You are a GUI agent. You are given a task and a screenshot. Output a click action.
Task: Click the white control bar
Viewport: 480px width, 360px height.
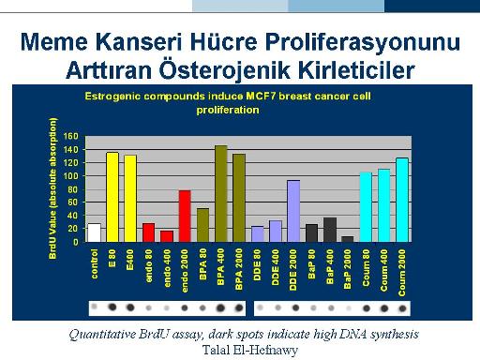(x=95, y=232)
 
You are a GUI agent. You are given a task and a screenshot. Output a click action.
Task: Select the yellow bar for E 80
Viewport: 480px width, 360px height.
(x=112, y=197)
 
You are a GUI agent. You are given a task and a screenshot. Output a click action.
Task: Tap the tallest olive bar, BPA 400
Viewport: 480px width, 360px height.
(x=221, y=193)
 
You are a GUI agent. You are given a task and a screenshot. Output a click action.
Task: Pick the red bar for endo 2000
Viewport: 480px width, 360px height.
(x=185, y=216)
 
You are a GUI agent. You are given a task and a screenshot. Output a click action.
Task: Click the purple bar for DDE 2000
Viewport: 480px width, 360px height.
(x=293, y=211)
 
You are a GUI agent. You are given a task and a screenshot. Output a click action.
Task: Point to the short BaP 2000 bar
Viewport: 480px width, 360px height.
(x=348, y=239)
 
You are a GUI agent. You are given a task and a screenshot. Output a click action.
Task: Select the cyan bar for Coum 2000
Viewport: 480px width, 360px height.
(x=402, y=200)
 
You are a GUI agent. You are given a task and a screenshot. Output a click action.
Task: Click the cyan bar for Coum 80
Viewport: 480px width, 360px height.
(x=366, y=207)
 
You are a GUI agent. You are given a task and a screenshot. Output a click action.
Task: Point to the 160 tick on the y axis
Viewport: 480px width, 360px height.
(x=71, y=136)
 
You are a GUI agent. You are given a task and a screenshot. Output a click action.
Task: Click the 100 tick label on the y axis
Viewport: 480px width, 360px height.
(x=71, y=176)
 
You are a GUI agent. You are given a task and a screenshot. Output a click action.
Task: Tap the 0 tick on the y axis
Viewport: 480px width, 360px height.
(x=76, y=242)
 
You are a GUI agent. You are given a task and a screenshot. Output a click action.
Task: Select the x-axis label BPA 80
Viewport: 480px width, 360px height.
(x=202, y=264)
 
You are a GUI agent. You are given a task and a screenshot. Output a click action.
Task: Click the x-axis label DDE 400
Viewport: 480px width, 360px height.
(x=276, y=267)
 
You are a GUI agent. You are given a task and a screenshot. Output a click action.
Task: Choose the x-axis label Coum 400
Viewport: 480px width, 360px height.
(x=384, y=271)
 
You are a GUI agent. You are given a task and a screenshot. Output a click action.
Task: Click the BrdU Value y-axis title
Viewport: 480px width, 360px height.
(x=52, y=188)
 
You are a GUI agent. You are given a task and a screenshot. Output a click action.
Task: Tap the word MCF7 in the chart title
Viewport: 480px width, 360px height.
(x=261, y=96)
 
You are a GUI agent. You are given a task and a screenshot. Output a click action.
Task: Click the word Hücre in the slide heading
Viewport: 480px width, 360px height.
(x=223, y=42)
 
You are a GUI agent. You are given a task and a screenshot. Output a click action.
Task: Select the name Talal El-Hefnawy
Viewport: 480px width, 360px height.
(x=250, y=350)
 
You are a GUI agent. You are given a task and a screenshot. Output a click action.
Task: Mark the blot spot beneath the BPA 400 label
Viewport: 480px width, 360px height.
(x=220, y=308)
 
